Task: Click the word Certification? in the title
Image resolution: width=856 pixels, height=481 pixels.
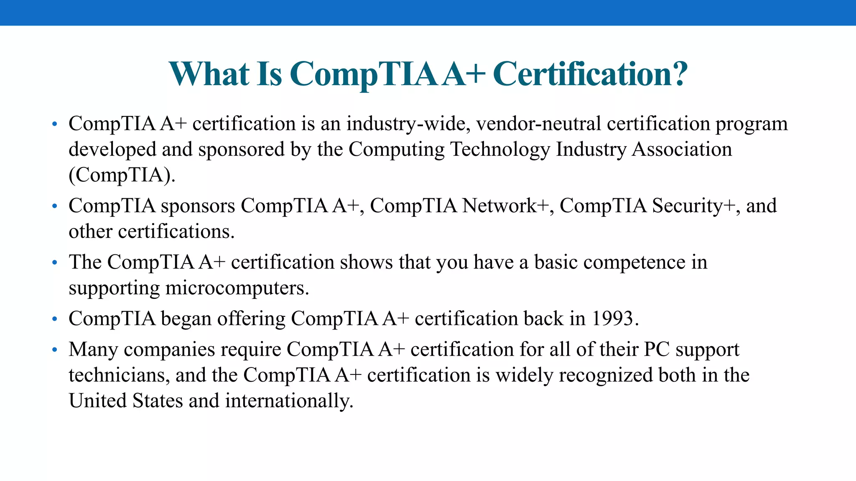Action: tap(590, 74)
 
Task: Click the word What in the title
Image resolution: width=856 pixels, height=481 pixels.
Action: tap(209, 74)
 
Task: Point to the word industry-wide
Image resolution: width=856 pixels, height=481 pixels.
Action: tap(408, 124)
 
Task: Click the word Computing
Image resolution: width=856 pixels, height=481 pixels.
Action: tap(397, 149)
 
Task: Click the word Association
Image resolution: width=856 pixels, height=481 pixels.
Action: tap(682, 149)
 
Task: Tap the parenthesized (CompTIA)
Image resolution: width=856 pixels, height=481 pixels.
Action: tap(122, 175)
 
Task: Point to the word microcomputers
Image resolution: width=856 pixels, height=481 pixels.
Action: tap(237, 288)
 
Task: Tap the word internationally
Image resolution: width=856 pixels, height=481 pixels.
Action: tap(289, 401)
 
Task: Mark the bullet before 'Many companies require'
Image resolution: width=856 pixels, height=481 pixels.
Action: tap(54, 349)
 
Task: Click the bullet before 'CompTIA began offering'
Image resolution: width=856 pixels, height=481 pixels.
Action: tap(54, 319)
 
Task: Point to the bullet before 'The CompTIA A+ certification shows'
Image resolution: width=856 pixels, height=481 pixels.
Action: tap(54, 263)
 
